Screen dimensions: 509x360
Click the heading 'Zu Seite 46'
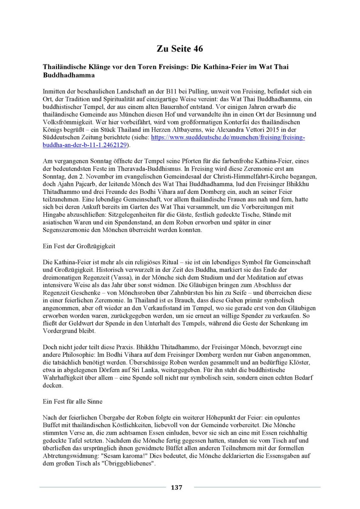click(180, 49)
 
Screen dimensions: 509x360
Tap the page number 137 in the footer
click(177, 487)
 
